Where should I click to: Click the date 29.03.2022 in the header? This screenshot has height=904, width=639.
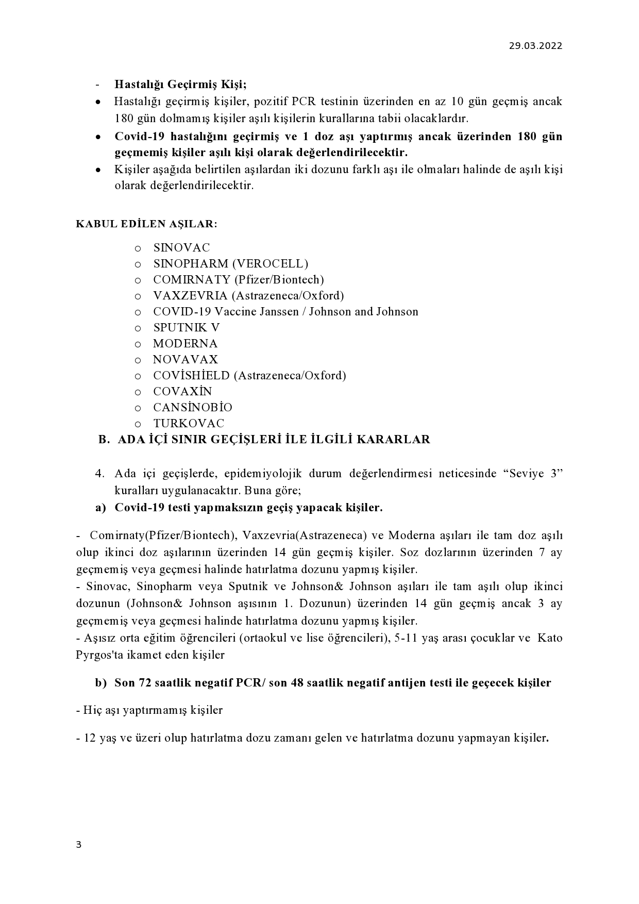click(x=535, y=46)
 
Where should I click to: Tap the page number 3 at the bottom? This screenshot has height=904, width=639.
click(x=78, y=844)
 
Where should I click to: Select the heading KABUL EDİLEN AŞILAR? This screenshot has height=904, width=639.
click(x=147, y=224)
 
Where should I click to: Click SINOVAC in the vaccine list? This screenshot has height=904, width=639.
click(x=181, y=248)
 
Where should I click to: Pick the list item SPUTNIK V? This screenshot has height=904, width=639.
click(x=187, y=328)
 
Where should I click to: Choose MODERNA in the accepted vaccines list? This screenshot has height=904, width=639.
click(x=186, y=344)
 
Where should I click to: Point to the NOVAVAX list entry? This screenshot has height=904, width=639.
click(x=186, y=360)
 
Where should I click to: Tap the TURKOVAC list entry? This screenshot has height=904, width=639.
click(x=189, y=424)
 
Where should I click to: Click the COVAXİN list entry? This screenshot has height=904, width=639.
click(x=182, y=392)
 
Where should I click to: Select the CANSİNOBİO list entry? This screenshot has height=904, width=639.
click(x=193, y=408)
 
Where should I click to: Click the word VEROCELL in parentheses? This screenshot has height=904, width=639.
click(x=270, y=264)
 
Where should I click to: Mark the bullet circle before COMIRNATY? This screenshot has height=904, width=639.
click(x=138, y=280)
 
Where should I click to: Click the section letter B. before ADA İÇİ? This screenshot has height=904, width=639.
click(x=104, y=440)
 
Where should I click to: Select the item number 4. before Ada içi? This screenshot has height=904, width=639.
click(x=100, y=474)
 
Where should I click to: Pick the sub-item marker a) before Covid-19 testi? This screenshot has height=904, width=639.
click(x=100, y=508)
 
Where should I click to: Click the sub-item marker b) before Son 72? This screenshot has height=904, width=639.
click(x=100, y=683)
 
